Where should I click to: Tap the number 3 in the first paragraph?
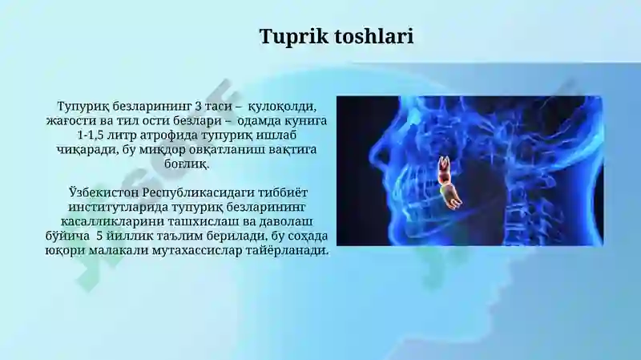197,107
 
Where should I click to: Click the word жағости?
71,122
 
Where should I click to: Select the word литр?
121,136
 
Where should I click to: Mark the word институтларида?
118,208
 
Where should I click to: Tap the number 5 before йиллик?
99,236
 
